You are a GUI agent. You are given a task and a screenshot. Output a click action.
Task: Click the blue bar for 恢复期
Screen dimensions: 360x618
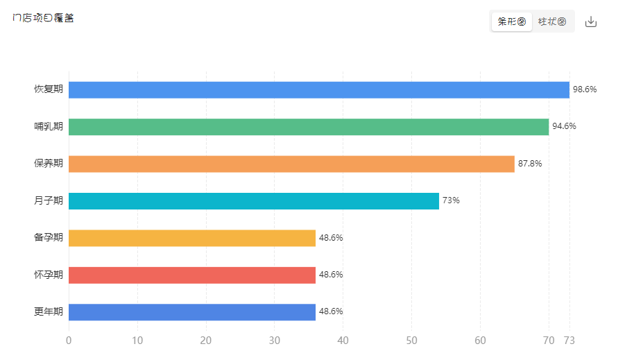coord(319,89)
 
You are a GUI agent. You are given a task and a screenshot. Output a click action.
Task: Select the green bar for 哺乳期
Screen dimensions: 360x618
coord(309,126)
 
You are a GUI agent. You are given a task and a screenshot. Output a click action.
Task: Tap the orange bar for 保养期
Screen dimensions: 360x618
coord(291,164)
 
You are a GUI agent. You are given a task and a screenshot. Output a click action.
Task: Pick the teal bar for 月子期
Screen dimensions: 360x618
coord(254,200)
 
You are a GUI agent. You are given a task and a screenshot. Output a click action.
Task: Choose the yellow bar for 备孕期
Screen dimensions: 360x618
coord(192,238)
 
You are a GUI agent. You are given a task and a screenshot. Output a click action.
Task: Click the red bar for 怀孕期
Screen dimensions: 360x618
coord(192,275)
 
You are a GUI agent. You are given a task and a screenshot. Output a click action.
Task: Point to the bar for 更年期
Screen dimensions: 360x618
coord(192,311)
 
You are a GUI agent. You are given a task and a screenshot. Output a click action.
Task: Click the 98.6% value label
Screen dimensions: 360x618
coord(585,89)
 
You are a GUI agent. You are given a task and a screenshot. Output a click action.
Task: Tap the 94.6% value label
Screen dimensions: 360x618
coord(564,126)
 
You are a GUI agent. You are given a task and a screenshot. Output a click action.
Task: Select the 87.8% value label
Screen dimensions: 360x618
coord(530,164)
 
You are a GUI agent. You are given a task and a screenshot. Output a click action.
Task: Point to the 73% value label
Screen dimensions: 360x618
coord(451,200)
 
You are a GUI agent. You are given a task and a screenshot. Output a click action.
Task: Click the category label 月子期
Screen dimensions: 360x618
coord(49,200)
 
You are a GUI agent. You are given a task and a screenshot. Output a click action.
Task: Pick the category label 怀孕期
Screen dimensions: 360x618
coord(49,275)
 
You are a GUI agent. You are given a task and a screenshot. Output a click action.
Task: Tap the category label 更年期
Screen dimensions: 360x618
coord(49,311)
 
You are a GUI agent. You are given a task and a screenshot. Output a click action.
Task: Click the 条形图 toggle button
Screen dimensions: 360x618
coord(512,22)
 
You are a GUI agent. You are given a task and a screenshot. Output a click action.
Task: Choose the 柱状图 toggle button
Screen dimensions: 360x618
coord(552,22)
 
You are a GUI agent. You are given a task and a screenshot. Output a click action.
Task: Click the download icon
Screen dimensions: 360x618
coord(591,22)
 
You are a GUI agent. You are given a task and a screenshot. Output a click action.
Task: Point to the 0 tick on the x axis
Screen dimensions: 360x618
coord(69,341)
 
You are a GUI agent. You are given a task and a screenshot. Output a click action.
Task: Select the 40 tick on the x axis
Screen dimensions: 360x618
coord(343,341)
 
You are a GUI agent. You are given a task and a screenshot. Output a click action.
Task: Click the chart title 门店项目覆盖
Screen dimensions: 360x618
coord(43,18)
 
